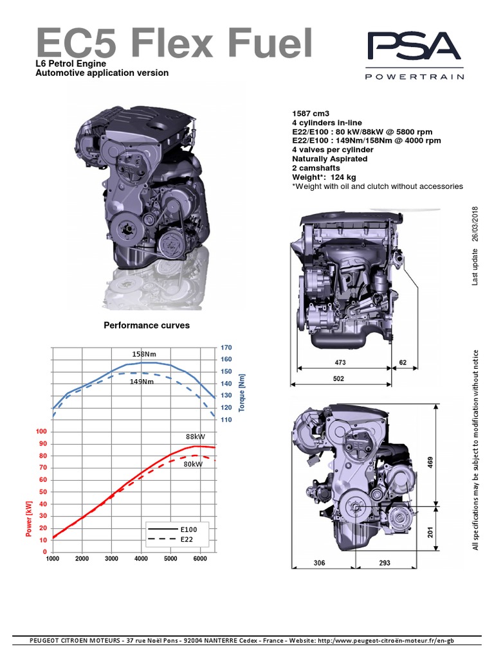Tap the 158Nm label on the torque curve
click(144, 354)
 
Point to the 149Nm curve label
click(142, 381)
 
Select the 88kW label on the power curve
click(196, 436)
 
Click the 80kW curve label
click(193, 463)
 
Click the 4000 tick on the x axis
click(141, 559)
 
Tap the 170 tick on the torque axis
click(226, 348)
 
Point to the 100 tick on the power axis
click(42, 432)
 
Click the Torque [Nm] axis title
click(242, 393)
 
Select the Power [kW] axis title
click(28, 519)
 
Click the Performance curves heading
click(147, 326)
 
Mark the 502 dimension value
click(338, 379)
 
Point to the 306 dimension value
click(319, 563)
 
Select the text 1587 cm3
click(310, 113)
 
